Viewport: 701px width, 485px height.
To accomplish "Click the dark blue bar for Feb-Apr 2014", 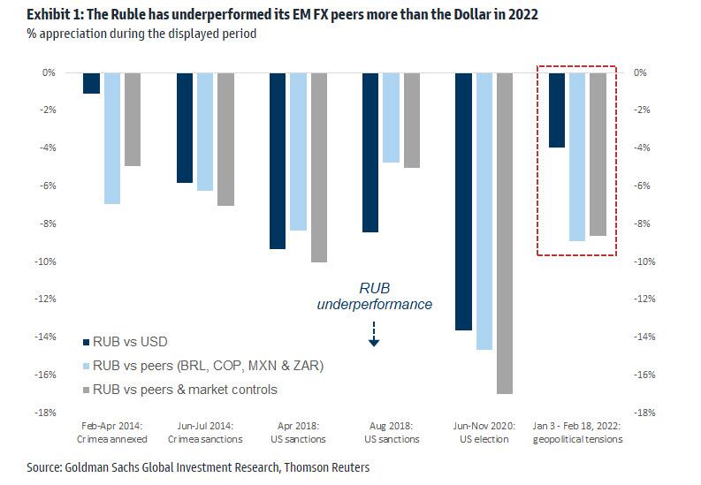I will tap(91, 83).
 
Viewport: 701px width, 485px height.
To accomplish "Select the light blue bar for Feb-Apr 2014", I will tap(112, 138).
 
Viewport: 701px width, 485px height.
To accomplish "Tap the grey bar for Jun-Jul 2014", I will tap(225, 139).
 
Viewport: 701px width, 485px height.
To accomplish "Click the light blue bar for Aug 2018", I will tap(391, 117).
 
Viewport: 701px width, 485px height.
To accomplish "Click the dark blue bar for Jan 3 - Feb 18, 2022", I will tap(556, 110).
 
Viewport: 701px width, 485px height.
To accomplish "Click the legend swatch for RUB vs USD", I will tap(85, 342).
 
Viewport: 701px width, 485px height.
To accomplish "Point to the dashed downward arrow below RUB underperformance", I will tap(374, 333).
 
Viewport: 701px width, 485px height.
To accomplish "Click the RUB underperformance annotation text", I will tap(374, 296).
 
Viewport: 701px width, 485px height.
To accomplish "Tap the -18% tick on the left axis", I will tap(49, 413).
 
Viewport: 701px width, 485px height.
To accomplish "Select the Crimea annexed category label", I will tap(111, 439).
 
